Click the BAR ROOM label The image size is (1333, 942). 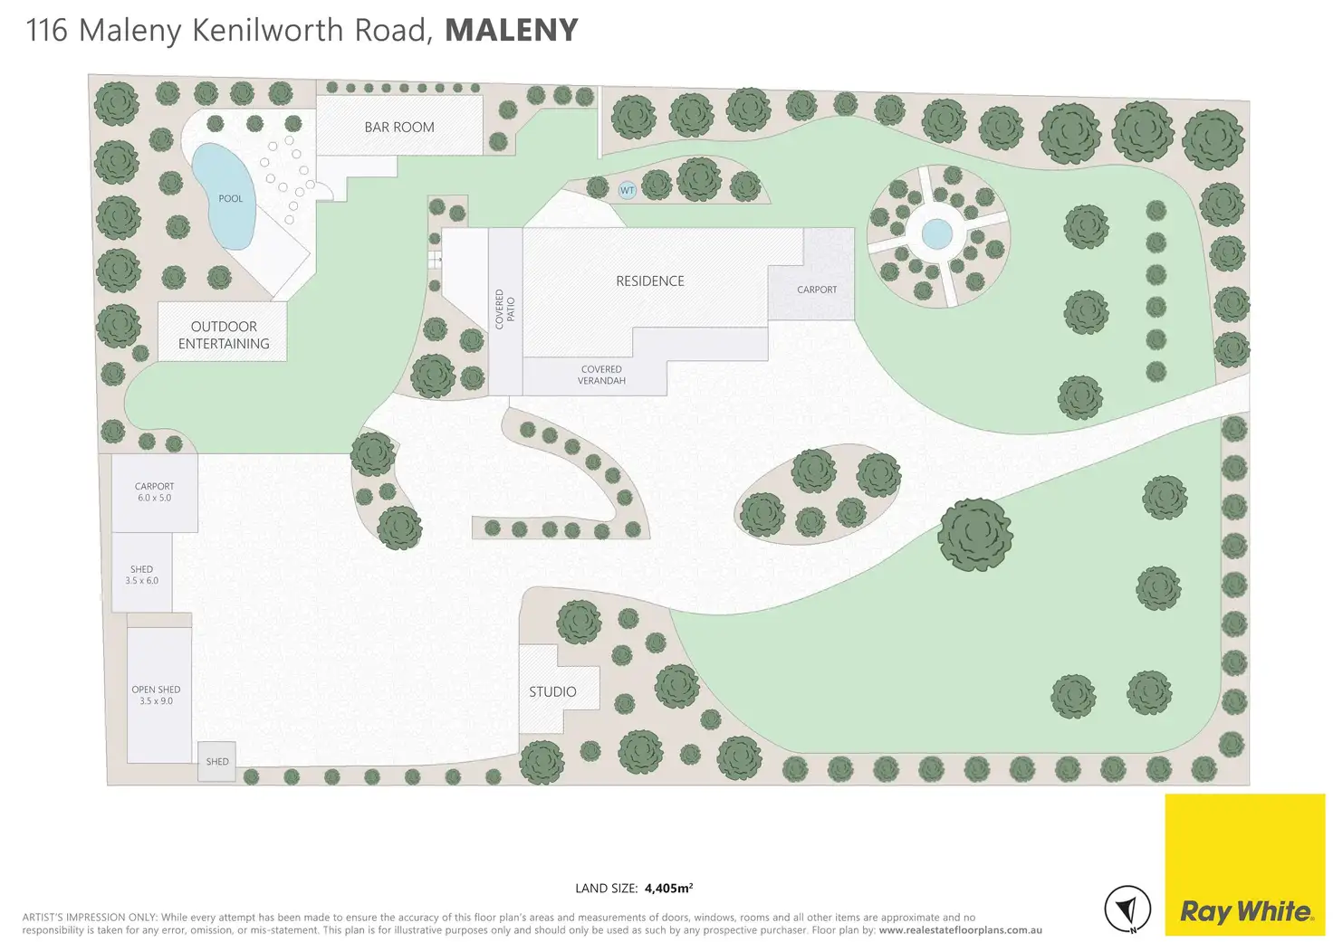point(399,128)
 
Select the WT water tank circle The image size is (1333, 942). point(627,190)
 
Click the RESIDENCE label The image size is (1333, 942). point(650,281)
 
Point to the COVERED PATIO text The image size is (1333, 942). point(505,309)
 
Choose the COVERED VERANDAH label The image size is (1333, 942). point(601,375)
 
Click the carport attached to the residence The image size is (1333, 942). point(816,290)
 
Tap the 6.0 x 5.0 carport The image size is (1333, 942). point(154,492)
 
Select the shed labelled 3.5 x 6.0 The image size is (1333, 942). point(142,575)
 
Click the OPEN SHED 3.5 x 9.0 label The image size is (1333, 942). point(156,695)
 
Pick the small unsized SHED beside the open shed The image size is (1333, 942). point(217,762)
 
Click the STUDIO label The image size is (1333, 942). point(552,692)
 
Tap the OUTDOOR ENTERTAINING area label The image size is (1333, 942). point(224,335)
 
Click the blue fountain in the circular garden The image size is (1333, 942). point(937,235)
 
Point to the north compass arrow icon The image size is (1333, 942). point(1127,909)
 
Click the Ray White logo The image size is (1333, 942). point(1244,910)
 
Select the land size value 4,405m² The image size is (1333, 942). point(668,889)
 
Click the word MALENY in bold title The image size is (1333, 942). point(512,31)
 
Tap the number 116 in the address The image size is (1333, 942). point(47,31)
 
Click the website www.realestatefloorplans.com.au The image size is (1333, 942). point(960,930)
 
